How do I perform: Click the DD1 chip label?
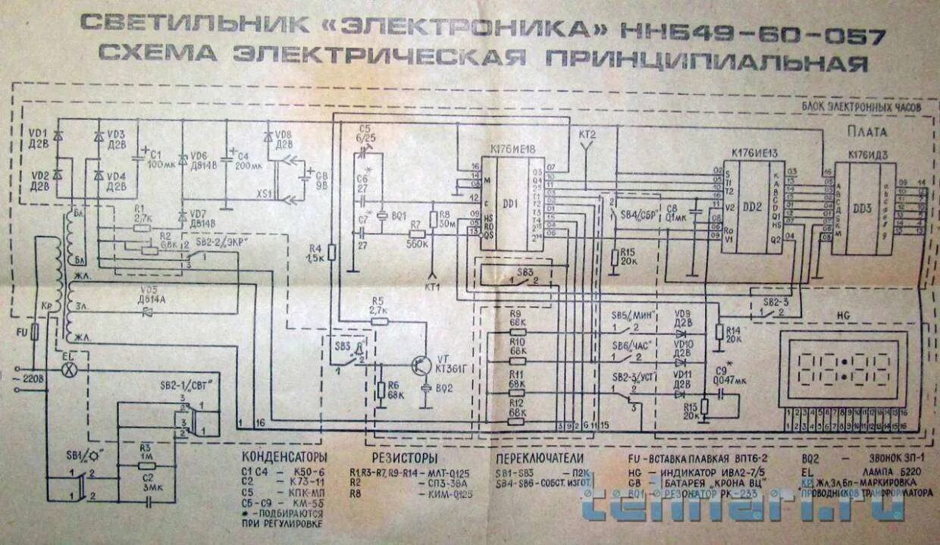509,204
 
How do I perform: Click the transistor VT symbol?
418,365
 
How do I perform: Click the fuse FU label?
20,331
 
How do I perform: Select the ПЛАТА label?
869,132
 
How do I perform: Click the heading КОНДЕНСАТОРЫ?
284,459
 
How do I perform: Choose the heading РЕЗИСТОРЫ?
404,459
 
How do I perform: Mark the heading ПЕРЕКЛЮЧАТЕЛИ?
540,459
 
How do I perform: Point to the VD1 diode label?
38,132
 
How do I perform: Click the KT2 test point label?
587,134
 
